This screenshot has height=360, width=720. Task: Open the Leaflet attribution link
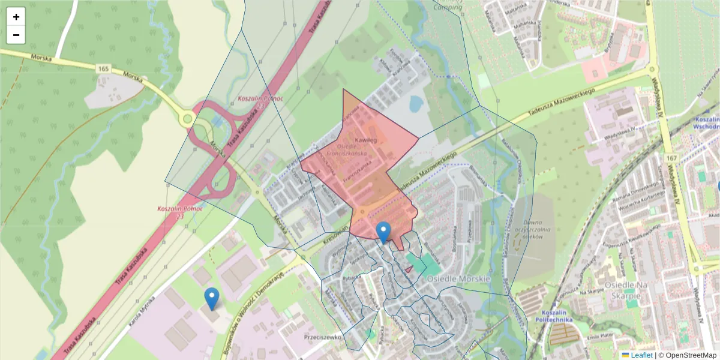641,355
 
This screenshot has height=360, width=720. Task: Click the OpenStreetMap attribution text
688,355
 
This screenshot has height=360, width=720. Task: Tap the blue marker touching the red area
383,232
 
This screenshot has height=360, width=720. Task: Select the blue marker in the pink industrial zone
212,298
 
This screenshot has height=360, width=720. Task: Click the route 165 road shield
103,70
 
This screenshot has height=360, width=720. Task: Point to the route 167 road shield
670,157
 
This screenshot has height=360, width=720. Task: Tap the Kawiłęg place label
365,140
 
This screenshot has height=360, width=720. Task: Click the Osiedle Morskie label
458,280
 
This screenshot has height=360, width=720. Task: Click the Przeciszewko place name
322,337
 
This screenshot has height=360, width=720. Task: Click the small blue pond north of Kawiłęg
415,104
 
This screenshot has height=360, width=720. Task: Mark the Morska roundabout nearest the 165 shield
188,118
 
